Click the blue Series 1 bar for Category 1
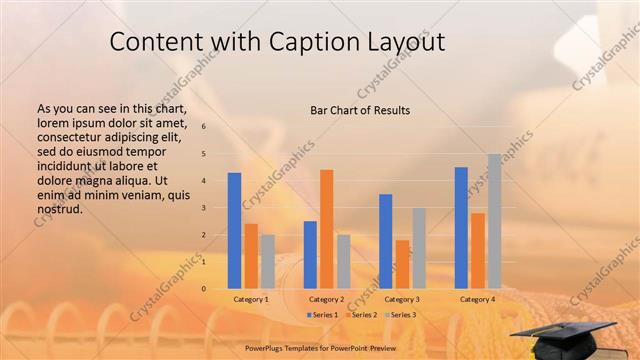click(x=234, y=230)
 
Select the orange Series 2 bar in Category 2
click(x=327, y=229)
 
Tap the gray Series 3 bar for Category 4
click(x=494, y=221)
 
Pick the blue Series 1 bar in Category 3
click(x=385, y=241)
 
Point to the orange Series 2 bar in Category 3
click(x=402, y=264)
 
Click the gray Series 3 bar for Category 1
click(x=268, y=261)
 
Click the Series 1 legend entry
click(x=323, y=315)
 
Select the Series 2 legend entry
click(x=362, y=315)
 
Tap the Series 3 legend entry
click(x=400, y=315)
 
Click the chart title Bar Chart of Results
click(x=360, y=110)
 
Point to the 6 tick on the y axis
click(x=203, y=127)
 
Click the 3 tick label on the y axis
click(x=203, y=208)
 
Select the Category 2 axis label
click(x=327, y=299)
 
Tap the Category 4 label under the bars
click(x=478, y=299)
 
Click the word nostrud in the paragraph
click(x=59, y=210)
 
